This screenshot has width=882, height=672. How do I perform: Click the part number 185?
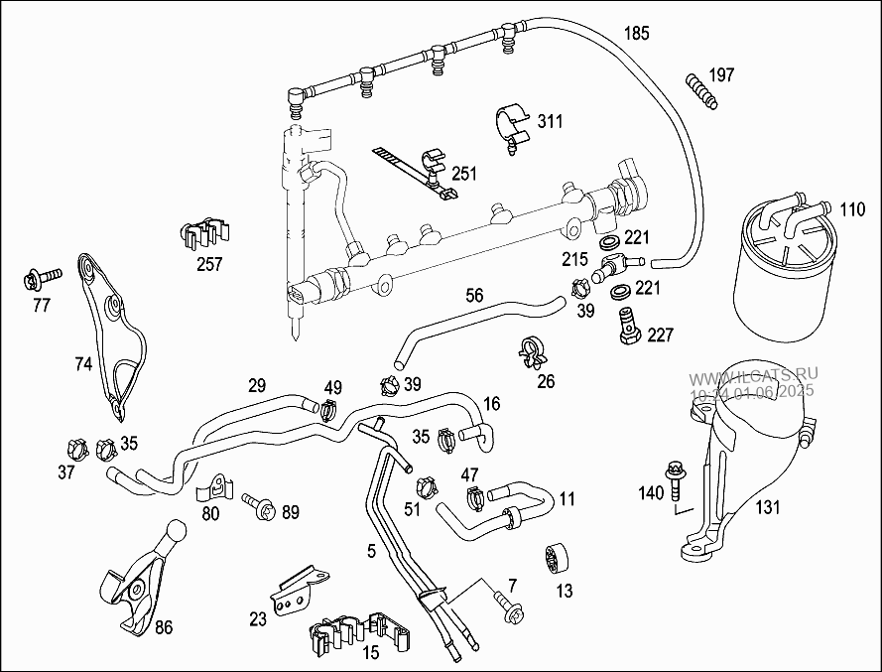point(636,34)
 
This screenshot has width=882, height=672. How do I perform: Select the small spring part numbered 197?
point(699,89)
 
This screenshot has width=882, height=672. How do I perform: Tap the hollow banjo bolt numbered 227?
point(628,324)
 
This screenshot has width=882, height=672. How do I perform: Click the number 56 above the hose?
point(475,295)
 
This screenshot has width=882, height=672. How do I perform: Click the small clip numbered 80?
point(218,487)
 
